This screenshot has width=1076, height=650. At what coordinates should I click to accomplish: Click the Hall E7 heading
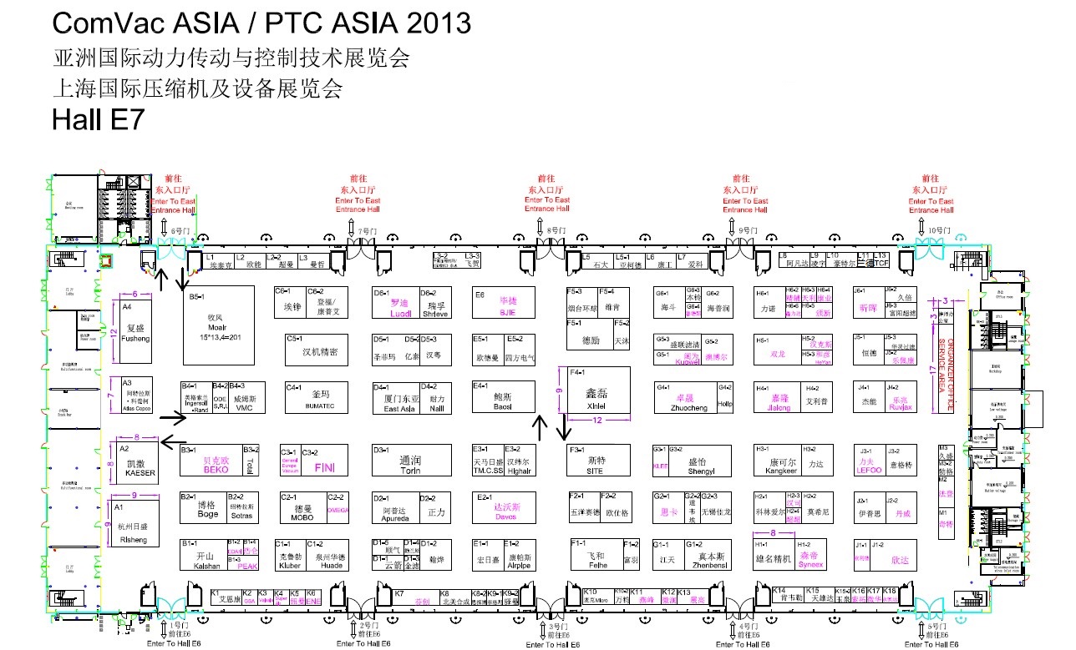pyautogui.click(x=99, y=120)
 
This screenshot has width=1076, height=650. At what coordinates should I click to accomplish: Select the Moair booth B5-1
pyautogui.click(x=219, y=325)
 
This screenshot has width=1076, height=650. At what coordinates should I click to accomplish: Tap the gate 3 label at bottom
pyautogui.click(x=554, y=626)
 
